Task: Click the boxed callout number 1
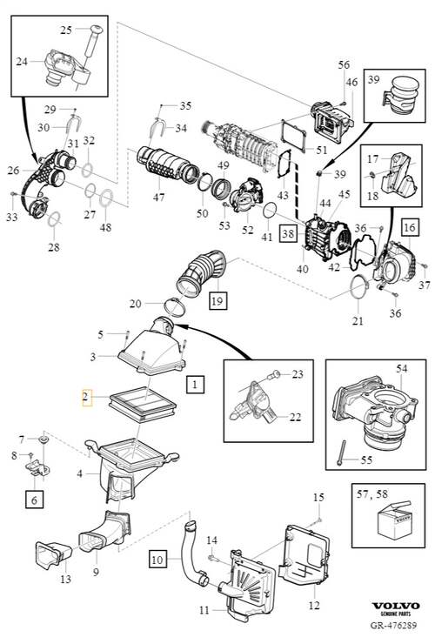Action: click(x=195, y=385)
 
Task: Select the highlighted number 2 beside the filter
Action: click(x=87, y=397)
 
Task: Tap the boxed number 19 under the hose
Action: click(x=217, y=300)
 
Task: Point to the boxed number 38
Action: click(x=288, y=234)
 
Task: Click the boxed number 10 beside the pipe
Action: click(x=157, y=560)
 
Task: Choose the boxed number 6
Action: click(x=34, y=500)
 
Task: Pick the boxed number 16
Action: click(x=410, y=227)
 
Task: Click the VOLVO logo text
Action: click(x=396, y=607)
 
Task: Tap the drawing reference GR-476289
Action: click(x=393, y=626)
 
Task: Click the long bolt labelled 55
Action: click(x=342, y=453)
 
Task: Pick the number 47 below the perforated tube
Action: click(x=158, y=198)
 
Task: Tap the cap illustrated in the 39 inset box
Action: click(x=401, y=95)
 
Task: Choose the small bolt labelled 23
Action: click(x=273, y=375)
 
